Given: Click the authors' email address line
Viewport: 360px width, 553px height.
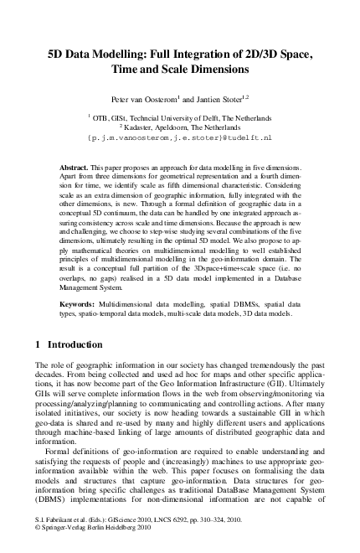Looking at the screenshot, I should tap(180, 136).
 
